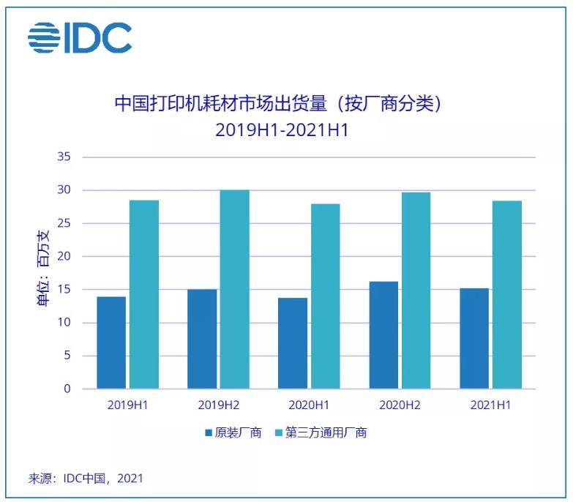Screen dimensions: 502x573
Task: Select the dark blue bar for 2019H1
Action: click(111, 342)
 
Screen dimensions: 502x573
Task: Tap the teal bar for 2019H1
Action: click(143, 294)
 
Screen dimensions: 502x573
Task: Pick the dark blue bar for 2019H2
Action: click(202, 339)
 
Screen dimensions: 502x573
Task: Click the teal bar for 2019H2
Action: click(234, 289)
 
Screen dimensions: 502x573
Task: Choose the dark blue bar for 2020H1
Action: click(293, 343)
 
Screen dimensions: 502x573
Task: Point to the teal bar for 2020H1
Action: click(325, 296)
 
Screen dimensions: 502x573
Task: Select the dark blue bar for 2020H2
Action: click(383, 335)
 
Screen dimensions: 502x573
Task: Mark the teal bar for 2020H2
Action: click(416, 291)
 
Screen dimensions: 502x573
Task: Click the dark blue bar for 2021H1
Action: click(474, 338)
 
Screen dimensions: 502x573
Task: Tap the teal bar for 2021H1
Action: click(506, 294)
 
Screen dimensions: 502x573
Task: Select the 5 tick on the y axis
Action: click(67, 356)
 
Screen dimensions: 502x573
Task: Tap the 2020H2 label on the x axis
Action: click(400, 405)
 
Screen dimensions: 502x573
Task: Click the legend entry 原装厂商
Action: click(233, 432)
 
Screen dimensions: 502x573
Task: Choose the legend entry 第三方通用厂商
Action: click(320, 432)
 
